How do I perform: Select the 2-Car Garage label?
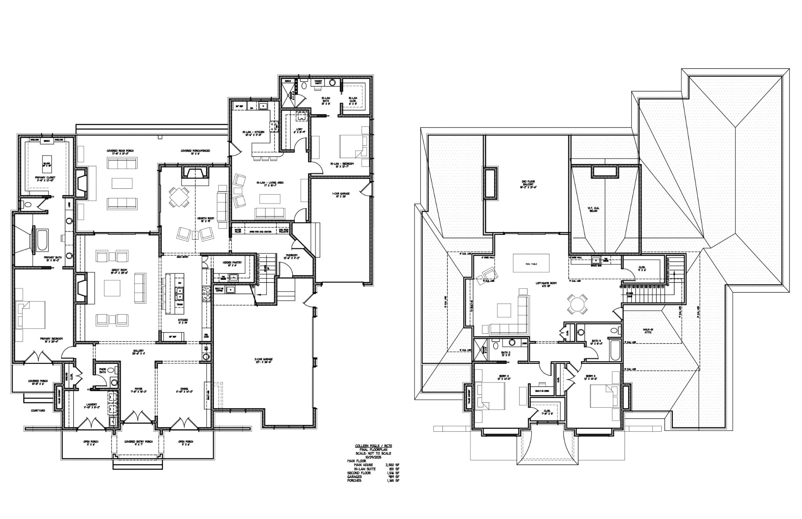click(x=265, y=360)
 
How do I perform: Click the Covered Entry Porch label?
click(x=138, y=441)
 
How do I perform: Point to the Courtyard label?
click(x=38, y=410)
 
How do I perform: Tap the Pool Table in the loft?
click(x=531, y=264)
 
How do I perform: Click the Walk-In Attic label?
click(x=648, y=331)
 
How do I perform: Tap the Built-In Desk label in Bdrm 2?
click(x=541, y=391)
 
